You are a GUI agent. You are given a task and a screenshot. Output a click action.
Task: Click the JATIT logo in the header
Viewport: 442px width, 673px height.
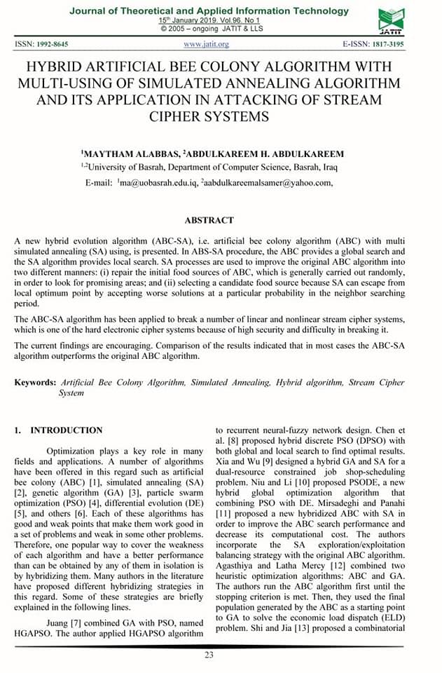390,21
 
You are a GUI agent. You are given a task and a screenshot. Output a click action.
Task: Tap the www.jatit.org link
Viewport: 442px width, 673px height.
207,45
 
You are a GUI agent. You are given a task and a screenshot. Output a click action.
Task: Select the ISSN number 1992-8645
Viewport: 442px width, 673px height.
52,45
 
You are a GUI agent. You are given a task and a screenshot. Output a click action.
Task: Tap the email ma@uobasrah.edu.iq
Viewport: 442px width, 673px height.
157,183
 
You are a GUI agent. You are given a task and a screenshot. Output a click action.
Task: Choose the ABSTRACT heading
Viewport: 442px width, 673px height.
207,220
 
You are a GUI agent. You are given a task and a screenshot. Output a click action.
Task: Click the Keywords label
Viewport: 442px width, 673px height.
35,382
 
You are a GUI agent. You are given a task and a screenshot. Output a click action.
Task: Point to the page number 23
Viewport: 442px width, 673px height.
209,655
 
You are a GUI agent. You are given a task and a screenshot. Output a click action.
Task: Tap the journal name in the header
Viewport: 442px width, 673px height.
209,11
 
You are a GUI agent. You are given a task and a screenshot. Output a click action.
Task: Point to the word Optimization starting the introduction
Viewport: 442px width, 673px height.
75,451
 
